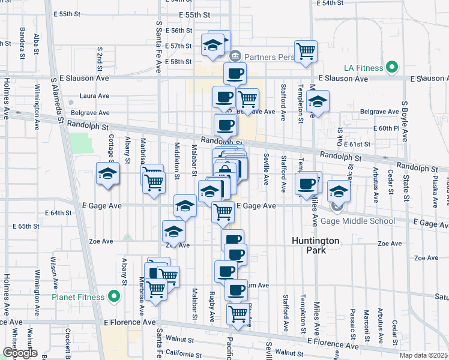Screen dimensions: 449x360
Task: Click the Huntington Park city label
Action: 316,245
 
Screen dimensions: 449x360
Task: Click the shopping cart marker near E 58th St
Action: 306,51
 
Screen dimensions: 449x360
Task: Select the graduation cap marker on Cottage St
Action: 107,174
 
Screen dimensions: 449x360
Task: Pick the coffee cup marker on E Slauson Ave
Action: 235,74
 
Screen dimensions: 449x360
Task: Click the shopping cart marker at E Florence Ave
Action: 238,313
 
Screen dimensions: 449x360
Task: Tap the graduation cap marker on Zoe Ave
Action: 173,232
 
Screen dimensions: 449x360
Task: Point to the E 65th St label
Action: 25,226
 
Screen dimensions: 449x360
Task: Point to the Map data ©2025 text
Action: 423,355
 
